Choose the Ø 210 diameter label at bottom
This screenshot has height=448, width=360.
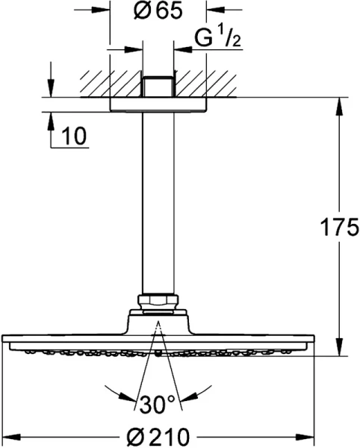(158, 435)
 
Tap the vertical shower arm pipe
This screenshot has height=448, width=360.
(158, 202)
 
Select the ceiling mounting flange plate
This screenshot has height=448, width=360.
(158, 105)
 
